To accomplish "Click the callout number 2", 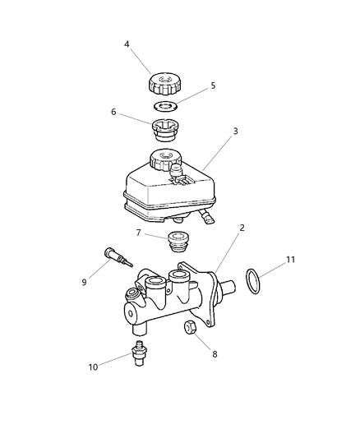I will [x=242, y=226].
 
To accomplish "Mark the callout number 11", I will [x=289, y=260].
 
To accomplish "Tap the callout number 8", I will [x=216, y=355].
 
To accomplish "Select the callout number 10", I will [x=93, y=367].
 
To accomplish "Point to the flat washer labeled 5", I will [x=166, y=105].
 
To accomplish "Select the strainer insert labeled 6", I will [x=164, y=131].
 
